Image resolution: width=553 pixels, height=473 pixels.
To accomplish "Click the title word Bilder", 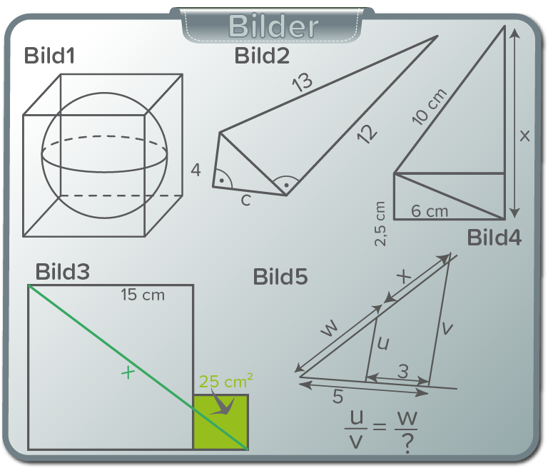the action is [x=273, y=26].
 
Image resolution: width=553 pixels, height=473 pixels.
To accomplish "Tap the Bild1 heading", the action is [x=49, y=56].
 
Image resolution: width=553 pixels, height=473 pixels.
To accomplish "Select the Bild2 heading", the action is [x=262, y=56].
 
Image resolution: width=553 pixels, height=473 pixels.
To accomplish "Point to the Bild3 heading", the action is [x=62, y=272].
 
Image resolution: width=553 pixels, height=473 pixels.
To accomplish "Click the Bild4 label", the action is [x=494, y=238].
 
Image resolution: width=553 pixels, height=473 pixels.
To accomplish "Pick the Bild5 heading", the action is [x=280, y=277].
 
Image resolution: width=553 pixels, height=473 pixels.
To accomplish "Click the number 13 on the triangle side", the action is [x=303, y=82].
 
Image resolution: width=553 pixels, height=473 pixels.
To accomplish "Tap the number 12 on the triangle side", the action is [x=367, y=134].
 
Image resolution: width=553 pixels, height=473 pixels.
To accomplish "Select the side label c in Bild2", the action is [x=245, y=200].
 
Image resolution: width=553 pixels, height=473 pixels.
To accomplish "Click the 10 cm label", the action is [x=430, y=106].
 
